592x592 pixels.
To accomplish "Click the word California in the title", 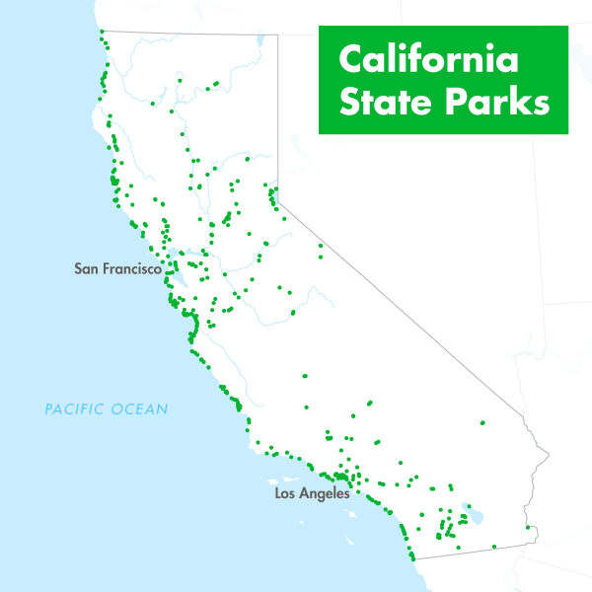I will tap(428, 60).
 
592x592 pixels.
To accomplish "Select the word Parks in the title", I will tap(493, 103).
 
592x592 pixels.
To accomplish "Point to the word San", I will tap(88, 268).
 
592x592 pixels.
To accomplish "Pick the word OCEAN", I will tap(142, 408).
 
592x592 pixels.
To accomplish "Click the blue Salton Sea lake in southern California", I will tap(476, 515).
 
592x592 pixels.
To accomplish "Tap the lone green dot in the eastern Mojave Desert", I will tap(482, 423).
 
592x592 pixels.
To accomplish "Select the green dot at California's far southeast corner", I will tap(528, 527).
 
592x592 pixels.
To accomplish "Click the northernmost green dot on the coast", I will tap(102, 32).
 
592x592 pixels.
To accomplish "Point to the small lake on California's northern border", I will tap(259, 41).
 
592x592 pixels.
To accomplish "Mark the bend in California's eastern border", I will tap(277, 202).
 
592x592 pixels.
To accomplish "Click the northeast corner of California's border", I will tap(277, 35).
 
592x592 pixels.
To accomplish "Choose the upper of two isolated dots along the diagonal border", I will tap(319, 246).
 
